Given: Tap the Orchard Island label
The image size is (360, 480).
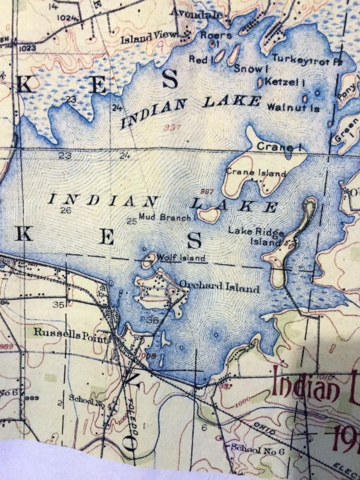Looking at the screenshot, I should (x=219, y=287).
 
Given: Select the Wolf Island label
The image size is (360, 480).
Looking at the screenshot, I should (x=181, y=258).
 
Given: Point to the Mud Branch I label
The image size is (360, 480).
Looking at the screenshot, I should (x=165, y=217).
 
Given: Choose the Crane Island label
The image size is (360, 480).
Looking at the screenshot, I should (x=256, y=173).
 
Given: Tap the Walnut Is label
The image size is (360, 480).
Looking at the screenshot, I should (x=293, y=108).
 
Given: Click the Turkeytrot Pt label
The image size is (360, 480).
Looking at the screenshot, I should (x=306, y=60).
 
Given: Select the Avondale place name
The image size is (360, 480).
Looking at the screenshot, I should (x=196, y=13).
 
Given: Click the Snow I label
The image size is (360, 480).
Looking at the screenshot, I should (x=248, y=69).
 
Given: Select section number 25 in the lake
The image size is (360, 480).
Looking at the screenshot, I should (x=131, y=221).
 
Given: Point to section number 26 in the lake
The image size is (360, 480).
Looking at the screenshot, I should (x=66, y=210).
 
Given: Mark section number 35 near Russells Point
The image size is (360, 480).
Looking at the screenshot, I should (x=58, y=305).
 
